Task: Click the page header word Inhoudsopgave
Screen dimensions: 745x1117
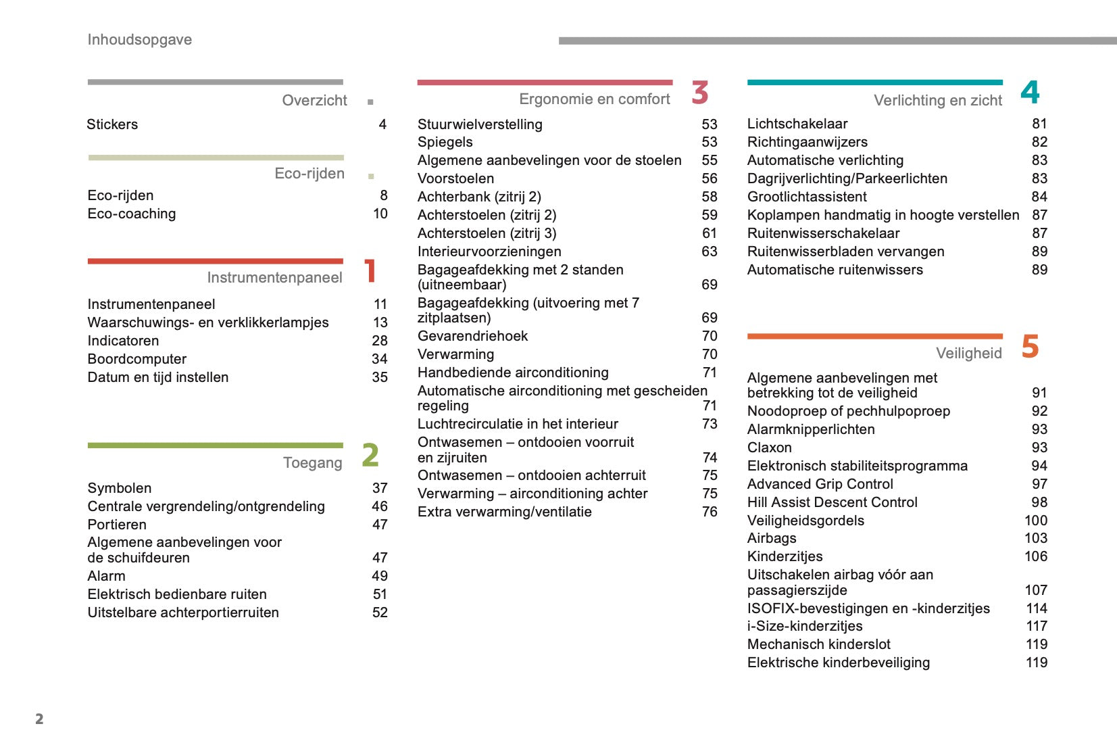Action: click(x=139, y=40)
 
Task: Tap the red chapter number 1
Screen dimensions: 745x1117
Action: click(x=370, y=271)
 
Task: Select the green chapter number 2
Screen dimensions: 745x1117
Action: click(x=370, y=455)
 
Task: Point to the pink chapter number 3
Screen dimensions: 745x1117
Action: click(x=700, y=93)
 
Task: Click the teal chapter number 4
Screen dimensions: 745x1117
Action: click(x=1030, y=93)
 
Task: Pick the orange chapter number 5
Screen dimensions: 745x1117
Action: click(x=1030, y=346)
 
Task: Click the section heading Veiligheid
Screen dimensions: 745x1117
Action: click(x=968, y=354)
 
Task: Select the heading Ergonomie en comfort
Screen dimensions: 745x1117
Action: click(x=594, y=99)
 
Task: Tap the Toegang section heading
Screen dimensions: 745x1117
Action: click(x=312, y=463)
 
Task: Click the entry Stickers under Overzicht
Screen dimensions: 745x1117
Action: click(x=112, y=124)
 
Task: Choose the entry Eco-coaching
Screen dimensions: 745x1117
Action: click(x=132, y=214)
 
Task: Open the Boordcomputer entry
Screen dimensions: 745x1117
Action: click(x=137, y=359)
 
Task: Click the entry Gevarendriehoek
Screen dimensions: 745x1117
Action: click(x=472, y=336)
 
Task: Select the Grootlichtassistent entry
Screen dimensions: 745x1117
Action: click(x=807, y=197)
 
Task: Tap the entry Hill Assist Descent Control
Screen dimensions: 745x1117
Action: click(x=832, y=502)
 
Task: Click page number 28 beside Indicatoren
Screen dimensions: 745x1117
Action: click(x=380, y=341)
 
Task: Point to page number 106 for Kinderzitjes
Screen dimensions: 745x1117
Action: click(x=1035, y=556)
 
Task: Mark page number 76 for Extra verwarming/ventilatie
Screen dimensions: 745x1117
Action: click(x=710, y=512)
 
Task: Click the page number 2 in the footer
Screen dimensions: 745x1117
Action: click(x=39, y=719)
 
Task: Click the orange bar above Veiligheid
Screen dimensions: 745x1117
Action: click(x=874, y=336)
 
